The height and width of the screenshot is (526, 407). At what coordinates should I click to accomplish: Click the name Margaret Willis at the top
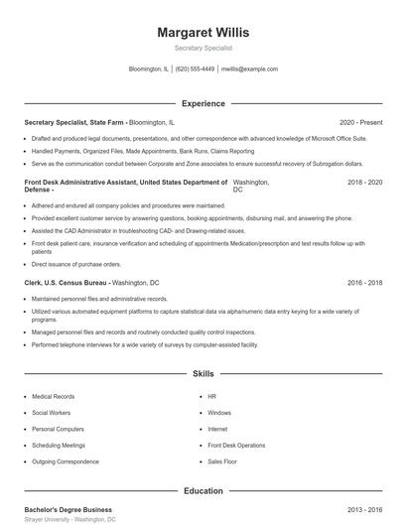(203, 32)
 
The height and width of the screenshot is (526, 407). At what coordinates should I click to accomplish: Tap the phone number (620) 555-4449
(196, 69)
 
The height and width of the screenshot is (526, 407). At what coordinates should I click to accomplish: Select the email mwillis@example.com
(249, 69)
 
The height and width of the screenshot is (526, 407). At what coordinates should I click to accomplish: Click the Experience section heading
(203, 103)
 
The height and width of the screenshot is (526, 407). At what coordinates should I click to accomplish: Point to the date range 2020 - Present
(360, 121)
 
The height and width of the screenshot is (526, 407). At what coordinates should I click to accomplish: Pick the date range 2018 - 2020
(364, 183)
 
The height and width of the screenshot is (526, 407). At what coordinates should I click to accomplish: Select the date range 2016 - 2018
(364, 283)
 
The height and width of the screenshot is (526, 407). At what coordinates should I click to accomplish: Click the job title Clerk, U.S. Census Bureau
(67, 283)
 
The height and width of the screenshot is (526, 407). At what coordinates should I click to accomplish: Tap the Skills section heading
(203, 374)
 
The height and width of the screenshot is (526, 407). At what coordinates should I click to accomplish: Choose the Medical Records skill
(53, 396)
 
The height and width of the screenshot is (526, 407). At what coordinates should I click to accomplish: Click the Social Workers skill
(52, 412)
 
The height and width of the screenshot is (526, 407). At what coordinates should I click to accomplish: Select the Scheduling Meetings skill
(59, 446)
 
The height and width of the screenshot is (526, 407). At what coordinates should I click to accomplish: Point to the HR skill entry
(211, 396)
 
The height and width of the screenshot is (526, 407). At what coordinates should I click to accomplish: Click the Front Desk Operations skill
(236, 446)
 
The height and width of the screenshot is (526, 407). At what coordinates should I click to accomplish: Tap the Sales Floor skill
(221, 461)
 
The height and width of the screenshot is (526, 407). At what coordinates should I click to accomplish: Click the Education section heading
(203, 490)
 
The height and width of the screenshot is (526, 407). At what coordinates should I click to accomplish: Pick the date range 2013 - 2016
(364, 508)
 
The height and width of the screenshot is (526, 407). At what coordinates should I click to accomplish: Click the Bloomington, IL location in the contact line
(149, 69)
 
